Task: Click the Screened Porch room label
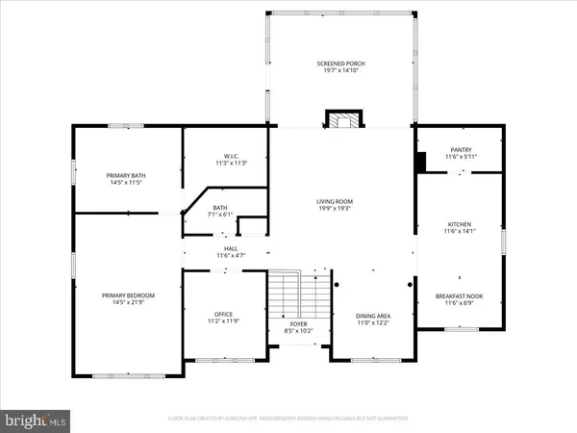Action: tap(341, 64)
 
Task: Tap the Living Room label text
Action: tap(341, 201)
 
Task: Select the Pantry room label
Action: tap(460, 149)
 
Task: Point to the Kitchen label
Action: tap(460, 224)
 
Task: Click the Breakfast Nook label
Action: tap(460, 296)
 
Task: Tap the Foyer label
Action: tap(299, 324)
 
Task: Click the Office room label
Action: tap(223, 314)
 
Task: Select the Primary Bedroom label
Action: tap(128, 295)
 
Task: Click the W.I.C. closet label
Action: tap(225, 157)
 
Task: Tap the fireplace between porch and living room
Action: tap(341, 120)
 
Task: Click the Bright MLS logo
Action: tap(37, 420)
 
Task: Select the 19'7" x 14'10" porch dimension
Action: tap(341, 70)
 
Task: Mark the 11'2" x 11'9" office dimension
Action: tap(223, 320)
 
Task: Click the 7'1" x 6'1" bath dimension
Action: tap(220, 214)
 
